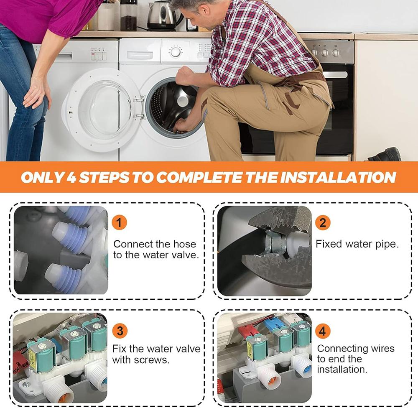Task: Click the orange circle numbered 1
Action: click(x=119, y=223)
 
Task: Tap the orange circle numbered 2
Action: click(x=323, y=223)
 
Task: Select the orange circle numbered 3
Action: click(x=120, y=331)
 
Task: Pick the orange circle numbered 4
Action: click(x=323, y=331)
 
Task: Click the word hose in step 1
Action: click(x=184, y=244)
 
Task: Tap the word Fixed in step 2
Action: click(x=329, y=244)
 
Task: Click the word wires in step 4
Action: click(x=383, y=349)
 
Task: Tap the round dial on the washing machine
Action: click(x=176, y=52)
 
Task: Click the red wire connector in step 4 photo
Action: click(x=247, y=332)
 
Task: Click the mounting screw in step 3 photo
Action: click(x=26, y=384)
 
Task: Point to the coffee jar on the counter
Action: click(x=128, y=15)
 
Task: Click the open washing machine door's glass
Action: click(x=104, y=109)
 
